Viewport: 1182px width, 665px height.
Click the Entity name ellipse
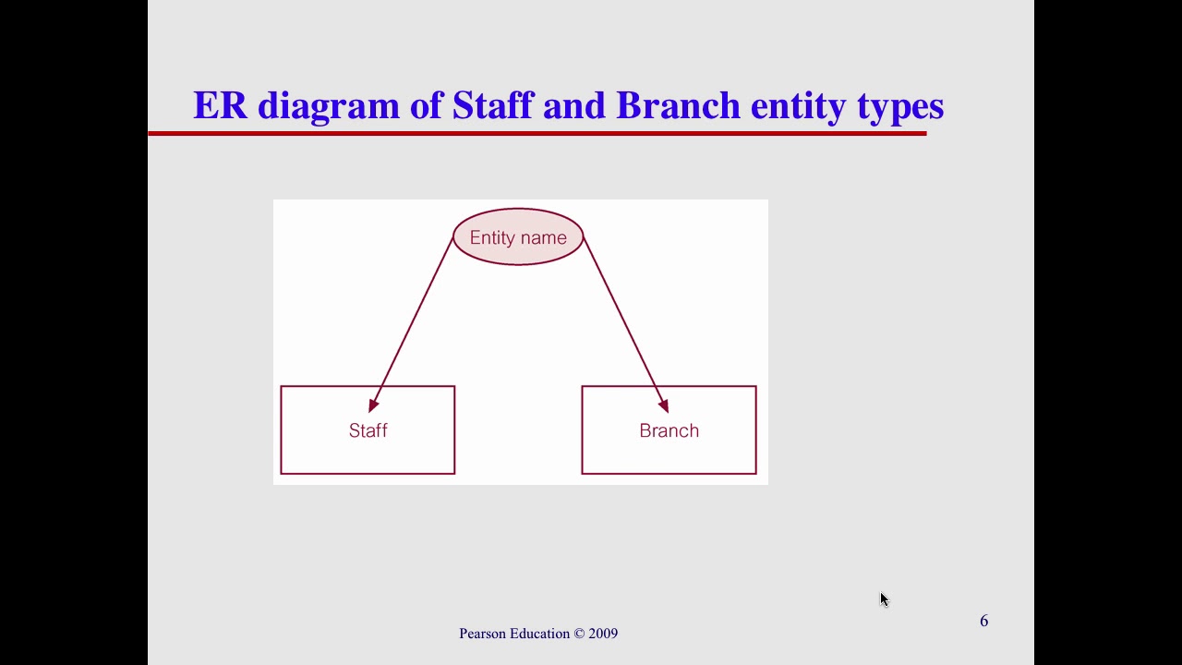click(518, 237)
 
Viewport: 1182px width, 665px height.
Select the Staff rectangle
click(368, 448)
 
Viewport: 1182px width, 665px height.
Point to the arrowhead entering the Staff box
click(373, 405)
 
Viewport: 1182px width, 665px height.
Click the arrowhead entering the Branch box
click(663, 405)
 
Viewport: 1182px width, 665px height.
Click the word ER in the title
click(220, 105)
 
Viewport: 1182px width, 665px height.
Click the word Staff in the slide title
click(492, 105)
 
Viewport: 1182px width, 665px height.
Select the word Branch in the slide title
click(678, 105)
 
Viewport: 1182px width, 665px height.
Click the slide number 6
click(983, 621)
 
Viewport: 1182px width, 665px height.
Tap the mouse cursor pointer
click(884, 599)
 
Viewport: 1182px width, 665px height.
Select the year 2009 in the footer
click(603, 634)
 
